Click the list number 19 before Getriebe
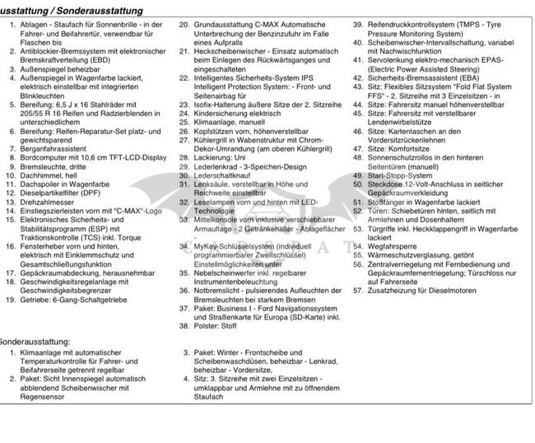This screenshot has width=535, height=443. [10, 300]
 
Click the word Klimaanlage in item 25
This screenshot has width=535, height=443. [219, 124]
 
